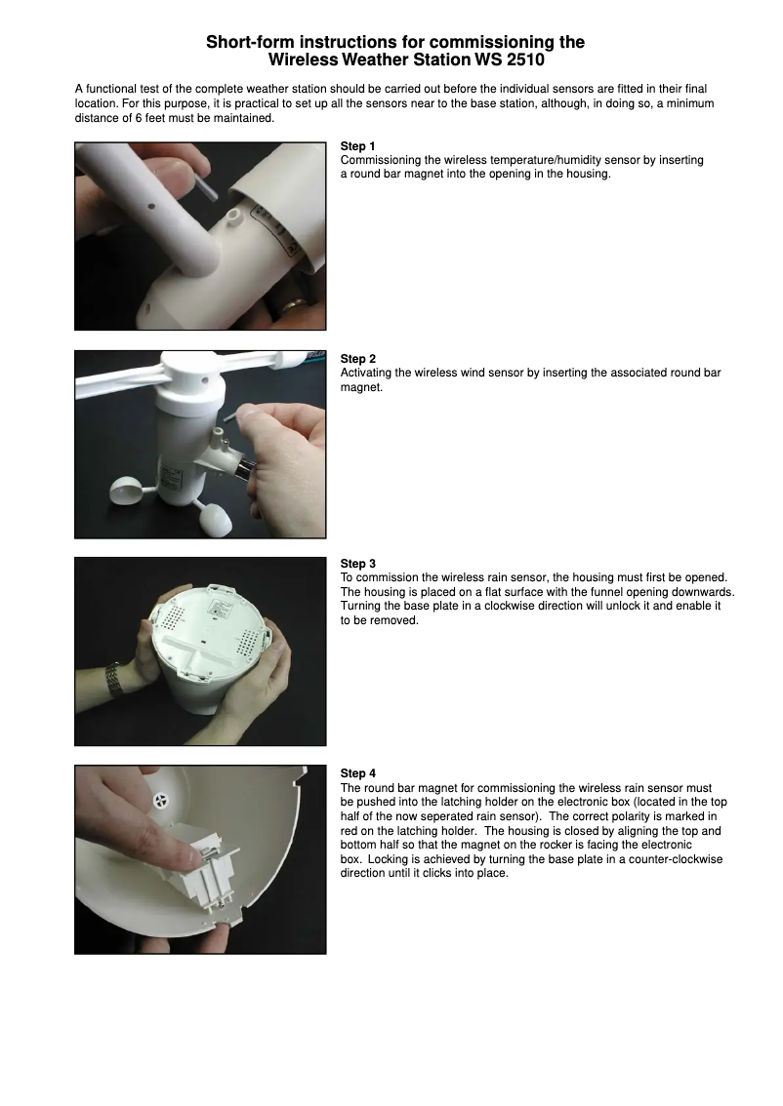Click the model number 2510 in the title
coord(525,59)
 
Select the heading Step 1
coord(358,146)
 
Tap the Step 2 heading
coord(358,359)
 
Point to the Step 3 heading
coord(358,564)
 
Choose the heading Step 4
coord(358,773)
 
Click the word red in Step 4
coord(350,831)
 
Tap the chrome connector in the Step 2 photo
coord(248,470)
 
